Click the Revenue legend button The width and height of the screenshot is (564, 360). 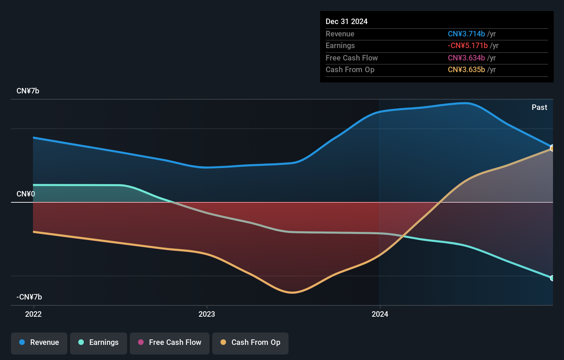tap(39, 342)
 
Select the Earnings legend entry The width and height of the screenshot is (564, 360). tap(99, 342)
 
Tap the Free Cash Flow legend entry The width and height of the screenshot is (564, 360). tap(170, 342)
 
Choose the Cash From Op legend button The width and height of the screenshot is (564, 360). tap(250, 342)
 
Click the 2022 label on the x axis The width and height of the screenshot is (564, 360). tap(33, 314)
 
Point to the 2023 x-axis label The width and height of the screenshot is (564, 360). tap(207, 314)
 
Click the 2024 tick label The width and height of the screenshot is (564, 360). tap(380, 314)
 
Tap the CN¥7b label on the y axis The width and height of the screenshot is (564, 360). tap(28, 91)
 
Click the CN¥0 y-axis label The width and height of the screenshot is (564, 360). tap(26, 194)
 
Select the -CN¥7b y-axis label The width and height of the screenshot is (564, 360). tap(29, 297)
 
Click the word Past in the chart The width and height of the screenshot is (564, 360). tap(539, 108)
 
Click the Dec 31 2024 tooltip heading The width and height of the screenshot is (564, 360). tap(347, 22)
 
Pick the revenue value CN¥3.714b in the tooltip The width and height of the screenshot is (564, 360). tap(466, 34)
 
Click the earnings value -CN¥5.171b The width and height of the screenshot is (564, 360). tap(467, 46)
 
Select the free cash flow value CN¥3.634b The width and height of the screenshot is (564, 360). tap(466, 58)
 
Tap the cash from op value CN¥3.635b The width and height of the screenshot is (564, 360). tap(466, 70)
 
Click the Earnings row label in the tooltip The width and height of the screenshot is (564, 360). tap(340, 46)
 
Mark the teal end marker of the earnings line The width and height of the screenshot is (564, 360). tap(552, 278)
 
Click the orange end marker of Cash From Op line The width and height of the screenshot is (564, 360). tap(552, 148)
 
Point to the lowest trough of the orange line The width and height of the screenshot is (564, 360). tap(292, 293)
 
